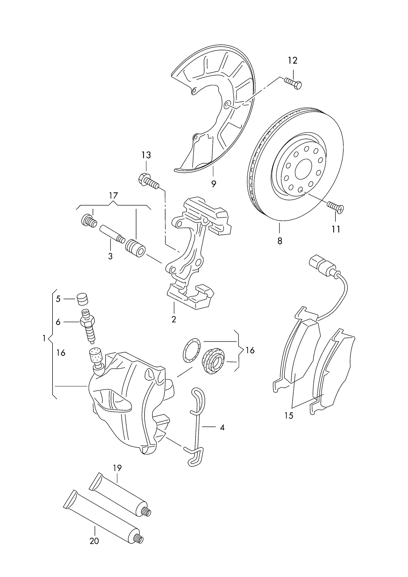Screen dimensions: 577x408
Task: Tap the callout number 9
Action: (x=213, y=184)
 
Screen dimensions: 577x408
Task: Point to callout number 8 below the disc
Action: (x=280, y=241)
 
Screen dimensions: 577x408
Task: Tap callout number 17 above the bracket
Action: (x=113, y=195)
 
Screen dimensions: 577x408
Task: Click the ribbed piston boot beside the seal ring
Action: (x=213, y=361)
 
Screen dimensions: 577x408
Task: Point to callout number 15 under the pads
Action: (x=289, y=415)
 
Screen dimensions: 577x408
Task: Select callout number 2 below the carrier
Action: (x=174, y=319)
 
